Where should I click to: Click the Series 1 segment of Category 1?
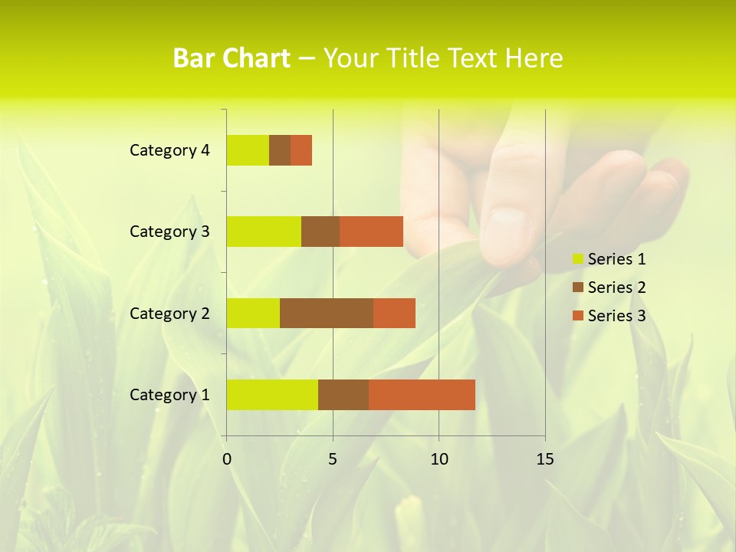(272, 395)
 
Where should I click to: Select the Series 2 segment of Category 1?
(343, 395)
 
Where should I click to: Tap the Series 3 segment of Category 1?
(422, 395)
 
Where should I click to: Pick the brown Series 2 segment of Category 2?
(327, 313)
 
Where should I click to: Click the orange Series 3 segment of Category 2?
(394, 313)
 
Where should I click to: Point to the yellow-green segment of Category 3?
(264, 232)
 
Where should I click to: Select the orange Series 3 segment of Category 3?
(371, 232)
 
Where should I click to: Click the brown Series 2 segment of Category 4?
(280, 150)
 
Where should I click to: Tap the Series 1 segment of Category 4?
(248, 150)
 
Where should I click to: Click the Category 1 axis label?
(169, 395)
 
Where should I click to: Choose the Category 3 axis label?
(169, 232)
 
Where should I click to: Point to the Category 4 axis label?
(169, 150)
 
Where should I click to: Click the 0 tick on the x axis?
(227, 459)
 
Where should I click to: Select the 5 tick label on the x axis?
(333, 459)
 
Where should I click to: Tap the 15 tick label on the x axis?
(545, 459)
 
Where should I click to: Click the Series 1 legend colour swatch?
(577, 259)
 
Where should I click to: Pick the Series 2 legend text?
(616, 287)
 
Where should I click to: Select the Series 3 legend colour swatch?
(577, 316)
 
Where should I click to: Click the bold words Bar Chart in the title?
(232, 58)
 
